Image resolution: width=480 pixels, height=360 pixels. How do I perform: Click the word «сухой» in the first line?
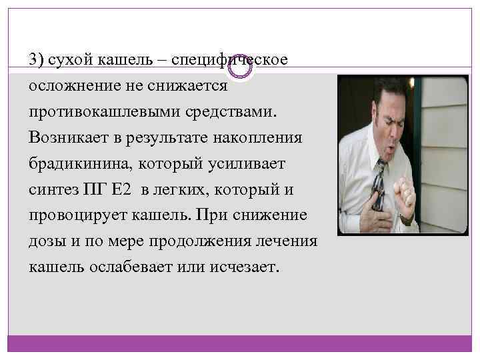point(66,60)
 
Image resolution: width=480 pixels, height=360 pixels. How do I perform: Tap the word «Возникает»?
point(70,137)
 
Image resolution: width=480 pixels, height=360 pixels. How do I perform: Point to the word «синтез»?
point(54,189)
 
